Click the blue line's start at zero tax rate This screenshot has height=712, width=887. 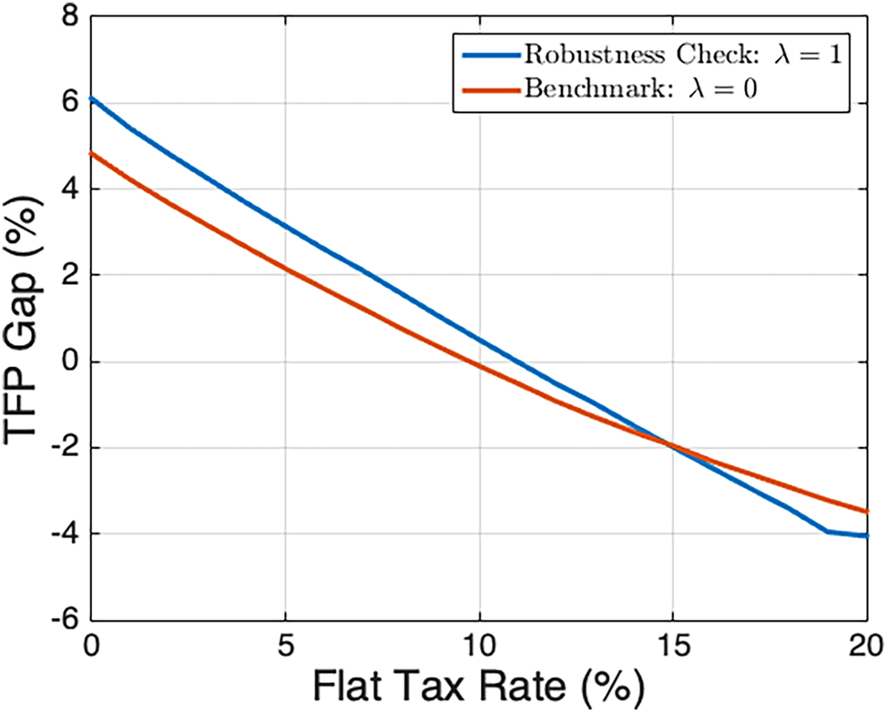point(91,97)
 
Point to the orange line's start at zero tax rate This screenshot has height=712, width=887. point(91,153)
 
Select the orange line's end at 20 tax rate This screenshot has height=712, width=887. point(866,512)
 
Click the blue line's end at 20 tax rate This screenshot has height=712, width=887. point(866,535)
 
